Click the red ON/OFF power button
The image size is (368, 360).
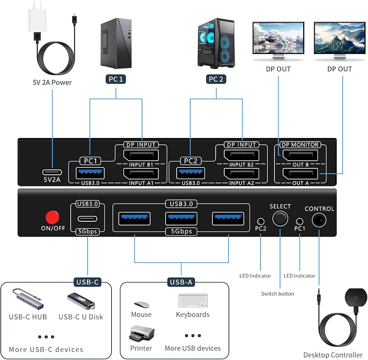click(x=52, y=217)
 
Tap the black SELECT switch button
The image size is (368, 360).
click(x=280, y=219)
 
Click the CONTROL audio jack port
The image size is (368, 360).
click(x=319, y=220)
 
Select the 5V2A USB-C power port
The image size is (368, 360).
click(x=52, y=172)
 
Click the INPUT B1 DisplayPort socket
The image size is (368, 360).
click(x=141, y=155)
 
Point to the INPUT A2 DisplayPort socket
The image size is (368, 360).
click(x=241, y=174)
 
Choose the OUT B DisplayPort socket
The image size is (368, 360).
click(x=300, y=155)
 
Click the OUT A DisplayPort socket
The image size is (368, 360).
click(x=300, y=174)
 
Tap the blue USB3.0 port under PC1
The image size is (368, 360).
click(x=90, y=173)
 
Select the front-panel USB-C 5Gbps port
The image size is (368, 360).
click(x=87, y=219)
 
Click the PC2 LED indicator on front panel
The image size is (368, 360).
click(x=261, y=221)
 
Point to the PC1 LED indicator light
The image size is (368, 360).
click(x=300, y=221)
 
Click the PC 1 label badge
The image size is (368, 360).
click(x=116, y=79)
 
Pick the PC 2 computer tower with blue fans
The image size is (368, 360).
click(x=216, y=43)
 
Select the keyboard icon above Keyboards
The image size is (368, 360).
click(x=193, y=300)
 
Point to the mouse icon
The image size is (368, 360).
click(x=142, y=304)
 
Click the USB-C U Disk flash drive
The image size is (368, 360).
click(x=81, y=301)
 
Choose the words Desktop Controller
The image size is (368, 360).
click(x=333, y=354)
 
